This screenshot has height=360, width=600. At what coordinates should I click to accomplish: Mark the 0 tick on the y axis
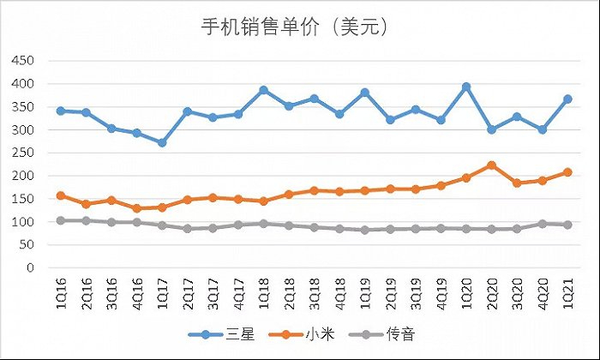(x=28, y=268)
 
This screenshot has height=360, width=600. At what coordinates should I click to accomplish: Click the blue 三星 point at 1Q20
(x=465, y=87)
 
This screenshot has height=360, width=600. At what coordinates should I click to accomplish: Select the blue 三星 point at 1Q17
(x=162, y=142)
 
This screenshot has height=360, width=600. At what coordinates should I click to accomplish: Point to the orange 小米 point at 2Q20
(x=490, y=165)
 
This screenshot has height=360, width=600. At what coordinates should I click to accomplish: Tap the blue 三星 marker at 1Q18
(x=263, y=90)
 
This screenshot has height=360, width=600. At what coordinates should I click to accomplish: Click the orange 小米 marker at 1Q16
(x=60, y=195)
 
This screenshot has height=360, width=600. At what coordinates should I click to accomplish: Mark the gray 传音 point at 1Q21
(x=567, y=225)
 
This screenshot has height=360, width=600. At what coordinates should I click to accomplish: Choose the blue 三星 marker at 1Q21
(x=567, y=99)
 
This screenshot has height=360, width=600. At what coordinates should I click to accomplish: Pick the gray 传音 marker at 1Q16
(x=60, y=220)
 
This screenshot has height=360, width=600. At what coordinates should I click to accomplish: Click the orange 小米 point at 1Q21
(x=567, y=172)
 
